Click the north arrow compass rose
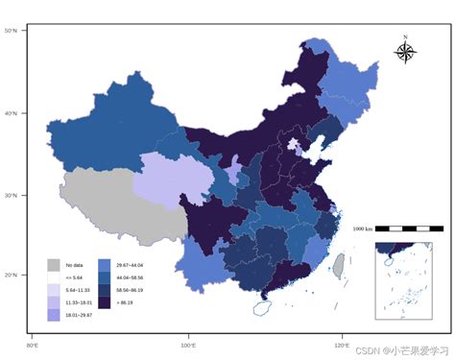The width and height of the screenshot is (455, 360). pos(405,51)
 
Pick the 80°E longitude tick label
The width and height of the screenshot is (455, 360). pos(33,344)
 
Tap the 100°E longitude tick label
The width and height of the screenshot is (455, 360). pos(188,344)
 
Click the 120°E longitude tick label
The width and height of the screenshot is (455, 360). pos(343,344)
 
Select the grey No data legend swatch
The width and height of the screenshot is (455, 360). pos(54,264)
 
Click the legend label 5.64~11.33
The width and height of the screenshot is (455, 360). pos(77,290)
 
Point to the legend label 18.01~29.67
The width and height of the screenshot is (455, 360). pos(78,315)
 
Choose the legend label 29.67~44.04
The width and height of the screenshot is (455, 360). pos(130,264)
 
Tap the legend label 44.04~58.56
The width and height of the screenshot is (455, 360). pos(130,276)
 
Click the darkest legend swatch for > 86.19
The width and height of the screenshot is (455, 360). pos(105,301)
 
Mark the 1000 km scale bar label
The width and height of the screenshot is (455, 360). pos(362,228)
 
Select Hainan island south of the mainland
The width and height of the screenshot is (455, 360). pos(264,308)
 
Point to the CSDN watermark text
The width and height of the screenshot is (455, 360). pos(401,350)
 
